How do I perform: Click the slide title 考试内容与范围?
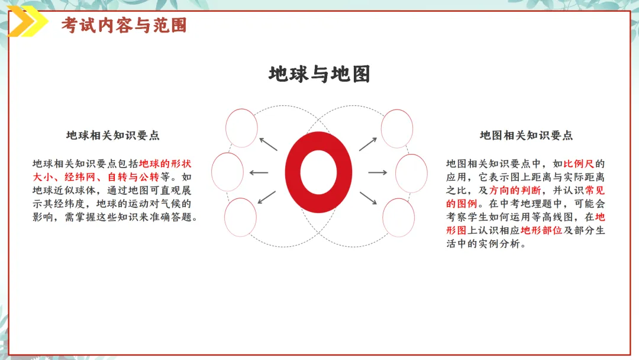pos(124,25)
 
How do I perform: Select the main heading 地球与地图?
pos(319,74)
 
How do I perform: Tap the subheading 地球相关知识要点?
pos(112,135)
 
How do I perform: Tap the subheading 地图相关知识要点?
pos(526,135)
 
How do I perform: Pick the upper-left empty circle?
pos(241,128)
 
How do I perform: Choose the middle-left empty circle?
pos(227,172)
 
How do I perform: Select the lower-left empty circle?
pos(241,217)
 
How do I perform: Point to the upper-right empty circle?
pos(397,128)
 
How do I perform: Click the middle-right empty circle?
pos(411,172)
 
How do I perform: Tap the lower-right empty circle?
pos(398,217)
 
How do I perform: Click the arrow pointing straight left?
pos(259,173)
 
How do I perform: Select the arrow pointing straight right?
pos(378,172)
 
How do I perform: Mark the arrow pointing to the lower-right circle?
pos(369,198)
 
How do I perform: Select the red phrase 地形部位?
pos(541,230)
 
